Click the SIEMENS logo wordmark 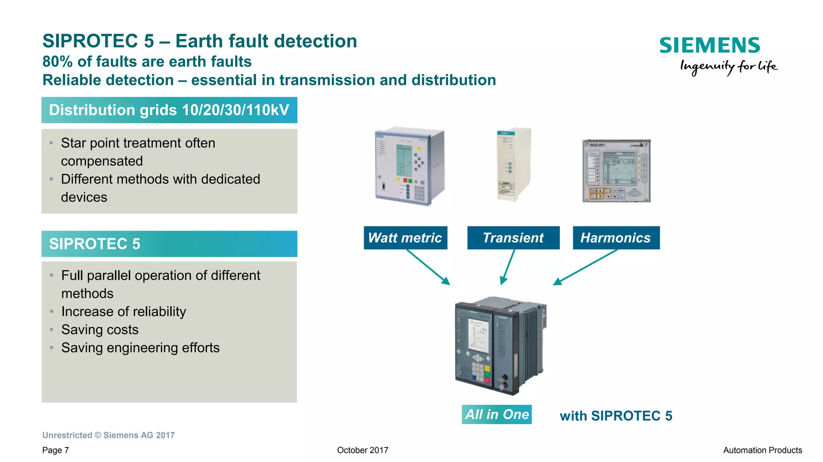click(710, 45)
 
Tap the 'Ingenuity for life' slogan click(728, 66)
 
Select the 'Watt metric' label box click(405, 238)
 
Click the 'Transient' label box click(513, 238)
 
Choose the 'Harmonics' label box click(616, 238)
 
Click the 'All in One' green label click(497, 414)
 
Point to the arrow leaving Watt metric click(428, 267)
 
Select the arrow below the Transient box click(508, 267)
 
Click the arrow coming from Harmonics click(586, 267)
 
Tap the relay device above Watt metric click(409, 166)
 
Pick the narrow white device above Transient click(514, 165)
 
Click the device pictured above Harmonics click(616, 171)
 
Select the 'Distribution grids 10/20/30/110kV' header click(169, 110)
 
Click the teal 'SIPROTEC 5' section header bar click(169, 244)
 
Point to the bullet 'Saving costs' click(100, 330)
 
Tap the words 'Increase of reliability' click(123, 311)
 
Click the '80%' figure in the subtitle click(57, 62)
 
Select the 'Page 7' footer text click(55, 450)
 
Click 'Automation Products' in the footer click(762, 450)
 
